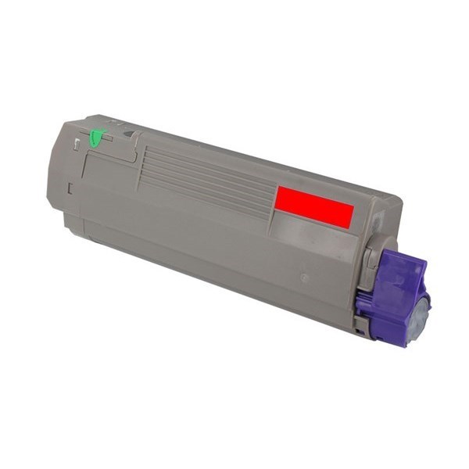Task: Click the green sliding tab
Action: [96, 138]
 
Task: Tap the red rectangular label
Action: [313, 207]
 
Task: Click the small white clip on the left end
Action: [76, 144]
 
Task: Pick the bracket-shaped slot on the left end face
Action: [70, 188]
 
